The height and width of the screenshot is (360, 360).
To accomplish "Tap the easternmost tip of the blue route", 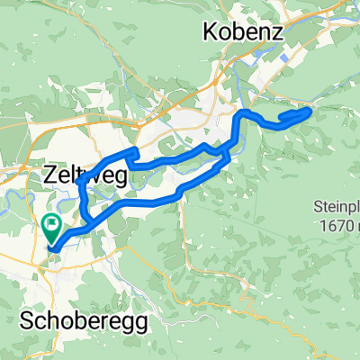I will click(x=311, y=110).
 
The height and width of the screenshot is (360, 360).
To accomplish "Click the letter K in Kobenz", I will click(x=210, y=33).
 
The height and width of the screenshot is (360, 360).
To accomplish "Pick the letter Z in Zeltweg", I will click(x=49, y=177).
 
